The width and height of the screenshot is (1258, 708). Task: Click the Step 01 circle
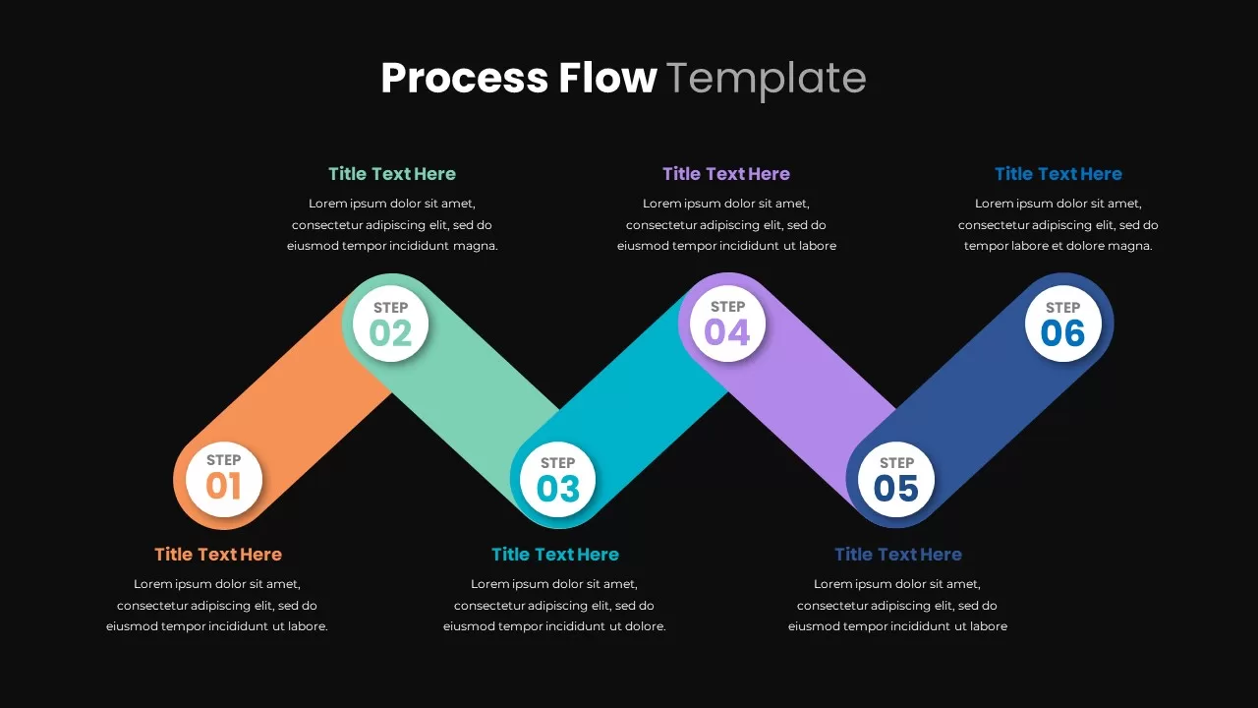[x=223, y=479]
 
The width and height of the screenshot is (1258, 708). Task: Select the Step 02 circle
[x=390, y=324]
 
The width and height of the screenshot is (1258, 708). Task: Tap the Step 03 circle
[x=557, y=479]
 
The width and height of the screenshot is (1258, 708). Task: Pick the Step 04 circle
[x=727, y=324]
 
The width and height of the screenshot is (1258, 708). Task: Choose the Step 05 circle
[x=896, y=479]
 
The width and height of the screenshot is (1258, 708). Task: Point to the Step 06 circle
[x=1063, y=324]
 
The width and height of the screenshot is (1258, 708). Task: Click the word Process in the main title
[x=465, y=78]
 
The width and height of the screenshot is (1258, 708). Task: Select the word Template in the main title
[x=767, y=81]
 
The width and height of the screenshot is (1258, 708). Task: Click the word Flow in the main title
[x=607, y=78]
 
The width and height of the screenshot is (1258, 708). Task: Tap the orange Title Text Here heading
[x=218, y=555]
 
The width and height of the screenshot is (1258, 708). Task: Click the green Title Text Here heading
[x=392, y=174]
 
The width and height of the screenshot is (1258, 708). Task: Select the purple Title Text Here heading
[x=726, y=174]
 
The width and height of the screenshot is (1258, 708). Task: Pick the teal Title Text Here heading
[x=555, y=555]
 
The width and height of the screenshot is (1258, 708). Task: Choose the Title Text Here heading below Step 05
[x=898, y=555]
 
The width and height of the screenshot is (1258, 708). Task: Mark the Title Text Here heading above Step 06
[x=1058, y=174]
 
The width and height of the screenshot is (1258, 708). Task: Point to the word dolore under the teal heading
[x=646, y=626]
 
